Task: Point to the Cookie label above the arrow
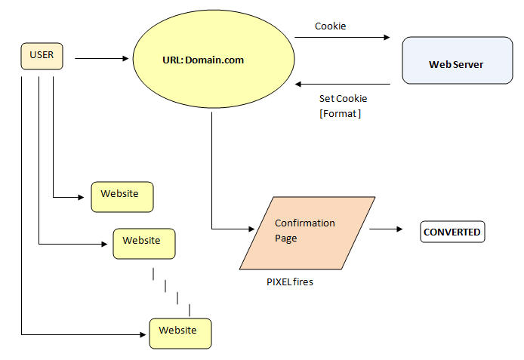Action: coord(330,26)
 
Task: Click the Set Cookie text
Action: coord(344,99)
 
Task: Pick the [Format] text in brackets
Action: coord(341,114)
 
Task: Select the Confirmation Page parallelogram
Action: coord(306,232)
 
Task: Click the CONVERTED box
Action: coord(452,232)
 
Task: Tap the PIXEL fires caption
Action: coord(290,282)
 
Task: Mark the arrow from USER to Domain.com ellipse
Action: coord(101,57)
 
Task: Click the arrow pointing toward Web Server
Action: coord(353,37)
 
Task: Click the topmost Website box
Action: coord(122,196)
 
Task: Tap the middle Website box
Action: coord(143,243)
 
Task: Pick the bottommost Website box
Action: coord(180,333)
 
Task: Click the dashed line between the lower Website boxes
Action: coord(171,289)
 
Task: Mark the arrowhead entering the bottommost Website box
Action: coord(144,333)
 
